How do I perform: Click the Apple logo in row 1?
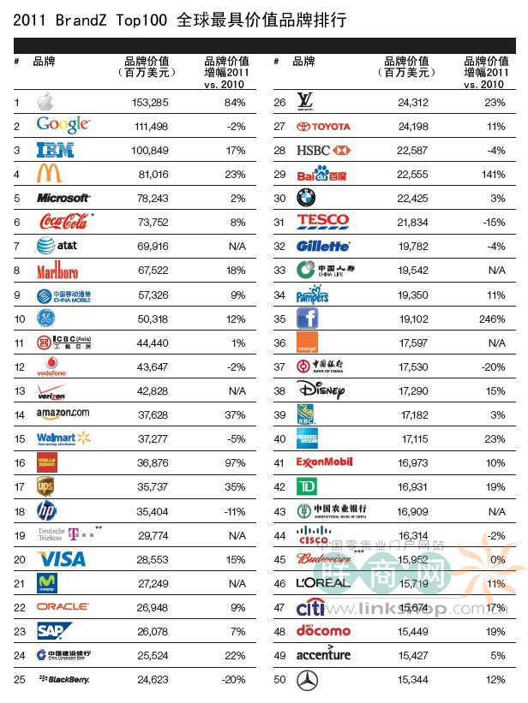(x=45, y=103)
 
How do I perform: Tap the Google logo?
(x=63, y=126)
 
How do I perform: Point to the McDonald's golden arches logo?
(x=49, y=174)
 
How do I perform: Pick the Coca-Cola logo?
(x=63, y=222)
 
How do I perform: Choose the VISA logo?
(x=61, y=558)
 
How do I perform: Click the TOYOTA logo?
(x=323, y=127)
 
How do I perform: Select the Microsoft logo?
(x=63, y=198)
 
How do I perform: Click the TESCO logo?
(x=322, y=222)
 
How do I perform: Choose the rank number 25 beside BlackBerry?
(x=19, y=679)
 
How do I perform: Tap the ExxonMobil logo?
(x=324, y=462)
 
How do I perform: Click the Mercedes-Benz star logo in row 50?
(x=307, y=680)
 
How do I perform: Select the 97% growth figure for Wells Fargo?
(x=233, y=462)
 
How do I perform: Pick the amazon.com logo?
(x=63, y=414)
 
